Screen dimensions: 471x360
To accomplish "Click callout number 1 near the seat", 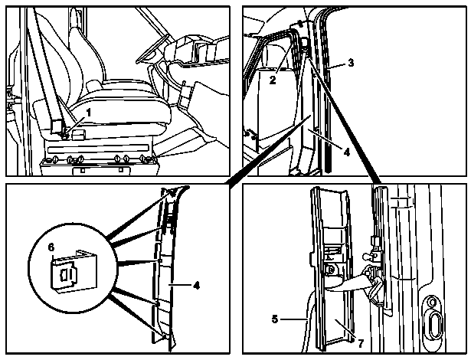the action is point(88,113).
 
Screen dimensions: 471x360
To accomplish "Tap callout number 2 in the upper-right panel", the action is point(273,80).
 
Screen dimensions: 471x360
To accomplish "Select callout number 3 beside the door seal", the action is point(351,63).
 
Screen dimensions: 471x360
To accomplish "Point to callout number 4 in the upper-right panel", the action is point(347,152).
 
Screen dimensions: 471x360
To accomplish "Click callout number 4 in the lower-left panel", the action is point(196,285).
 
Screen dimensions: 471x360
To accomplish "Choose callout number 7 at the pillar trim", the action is point(361,343).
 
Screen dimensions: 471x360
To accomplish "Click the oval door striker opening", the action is point(433,326).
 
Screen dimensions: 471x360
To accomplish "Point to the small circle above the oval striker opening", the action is point(432,302).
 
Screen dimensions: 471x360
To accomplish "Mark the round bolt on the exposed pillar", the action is point(331,270).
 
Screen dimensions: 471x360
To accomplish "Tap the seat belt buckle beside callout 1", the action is point(64,135).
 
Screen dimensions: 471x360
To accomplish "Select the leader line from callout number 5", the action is point(293,319).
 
